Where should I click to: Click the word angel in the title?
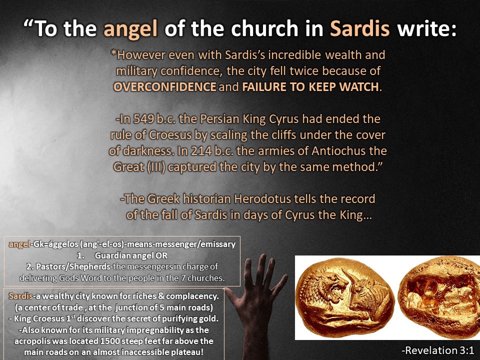point(130,29)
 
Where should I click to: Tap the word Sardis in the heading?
point(359,28)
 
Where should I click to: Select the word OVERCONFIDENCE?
point(164,87)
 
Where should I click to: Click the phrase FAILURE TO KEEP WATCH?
point(310,87)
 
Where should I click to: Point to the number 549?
point(143,119)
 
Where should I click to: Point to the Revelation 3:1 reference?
point(437,350)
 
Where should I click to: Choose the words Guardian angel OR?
point(131,255)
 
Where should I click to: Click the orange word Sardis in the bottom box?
point(20,296)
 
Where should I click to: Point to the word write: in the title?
point(426,28)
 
